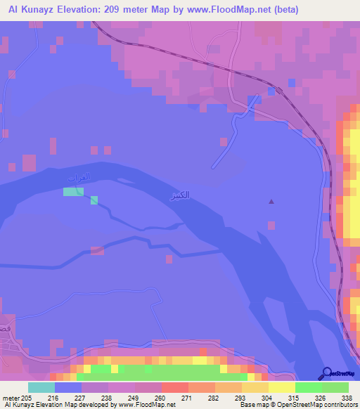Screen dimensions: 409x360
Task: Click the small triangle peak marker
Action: click(x=271, y=202)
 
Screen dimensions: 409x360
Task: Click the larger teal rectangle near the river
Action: click(x=72, y=191)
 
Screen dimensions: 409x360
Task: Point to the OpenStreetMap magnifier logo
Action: click(x=327, y=373)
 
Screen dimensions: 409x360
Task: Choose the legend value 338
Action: click(x=347, y=398)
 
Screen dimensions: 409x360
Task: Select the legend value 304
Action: click(x=266, y=398)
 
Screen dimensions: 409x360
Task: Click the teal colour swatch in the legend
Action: click(x=41, y=387)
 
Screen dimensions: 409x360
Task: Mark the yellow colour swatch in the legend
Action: click(x=281, y=387)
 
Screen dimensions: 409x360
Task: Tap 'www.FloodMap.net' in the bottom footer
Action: click(x=148, y=405)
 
